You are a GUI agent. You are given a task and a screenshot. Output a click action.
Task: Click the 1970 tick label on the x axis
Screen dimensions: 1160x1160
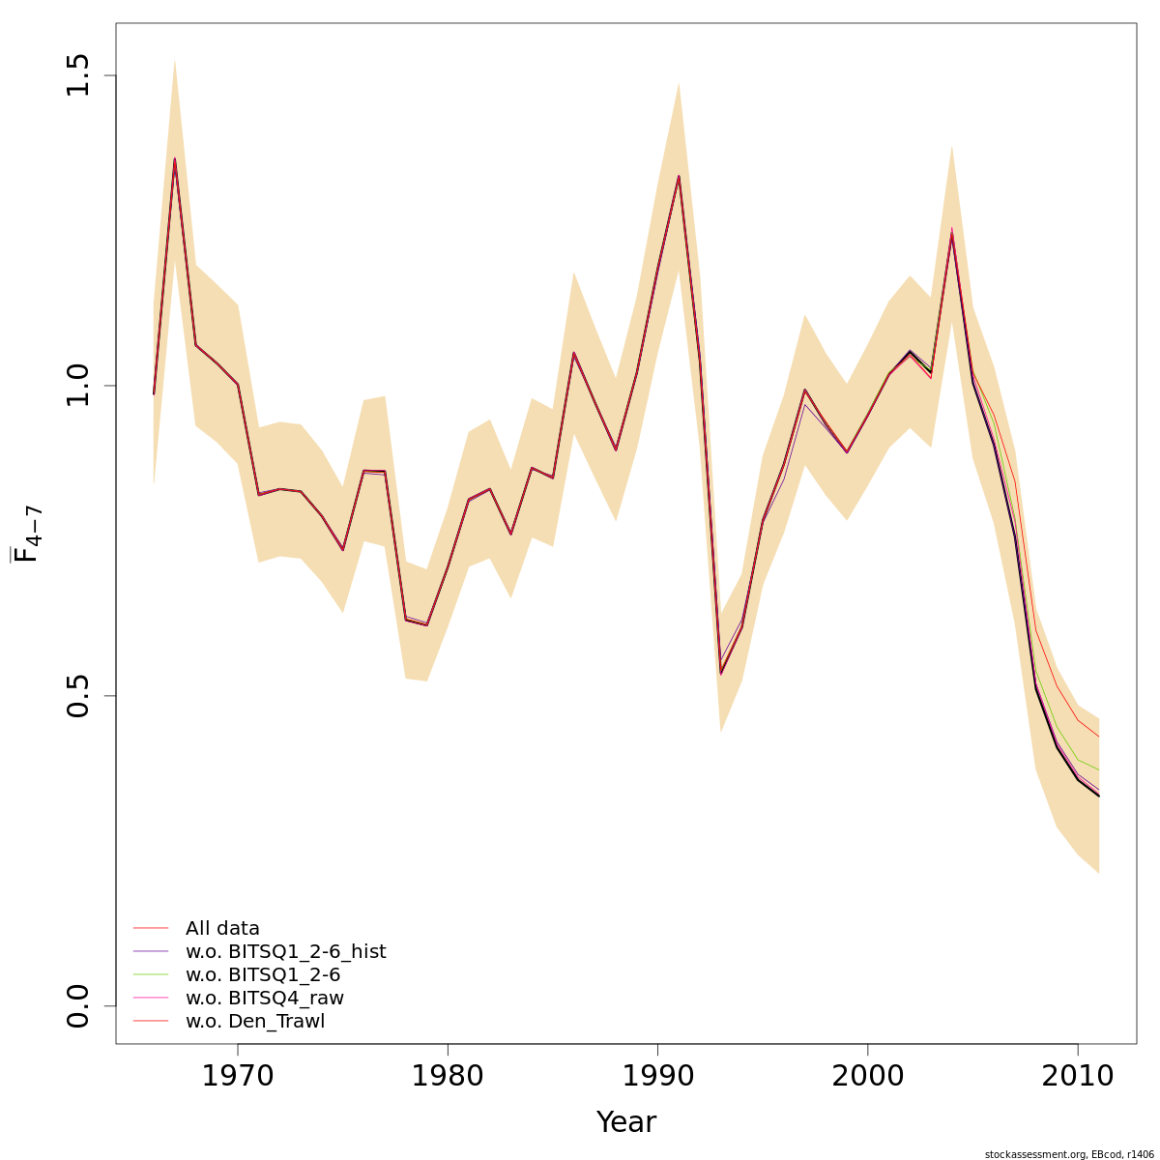coord(238,1075)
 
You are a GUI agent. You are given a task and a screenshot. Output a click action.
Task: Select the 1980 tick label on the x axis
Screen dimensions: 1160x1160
coord(448,1075)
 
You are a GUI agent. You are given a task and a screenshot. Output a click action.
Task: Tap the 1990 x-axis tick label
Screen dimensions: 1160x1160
coord(657,1075)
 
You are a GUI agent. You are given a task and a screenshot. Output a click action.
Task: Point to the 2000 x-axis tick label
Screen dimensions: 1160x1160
coord(867,1075)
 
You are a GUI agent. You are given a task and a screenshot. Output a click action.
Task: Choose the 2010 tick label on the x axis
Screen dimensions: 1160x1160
coord(1077,1075)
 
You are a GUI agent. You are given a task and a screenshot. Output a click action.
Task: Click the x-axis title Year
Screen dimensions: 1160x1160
coord(625,1122)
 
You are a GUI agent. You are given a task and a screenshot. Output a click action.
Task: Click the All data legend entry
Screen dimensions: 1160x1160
coord(222,929)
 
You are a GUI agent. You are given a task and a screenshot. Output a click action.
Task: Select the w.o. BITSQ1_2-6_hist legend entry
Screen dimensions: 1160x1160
coord(285,952)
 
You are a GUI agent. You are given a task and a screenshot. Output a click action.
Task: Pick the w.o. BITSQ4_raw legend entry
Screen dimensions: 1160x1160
coord(264,999)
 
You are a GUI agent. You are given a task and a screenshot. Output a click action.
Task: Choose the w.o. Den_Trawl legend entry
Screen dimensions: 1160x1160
coord(255,1022)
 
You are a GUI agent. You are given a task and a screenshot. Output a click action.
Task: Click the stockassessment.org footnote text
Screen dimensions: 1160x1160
coord(1069,1154)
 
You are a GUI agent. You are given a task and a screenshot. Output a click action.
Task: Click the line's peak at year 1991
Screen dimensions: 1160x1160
coord(679,176)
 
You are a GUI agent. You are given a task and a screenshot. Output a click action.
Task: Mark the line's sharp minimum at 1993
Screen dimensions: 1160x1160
coord(720,672)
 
